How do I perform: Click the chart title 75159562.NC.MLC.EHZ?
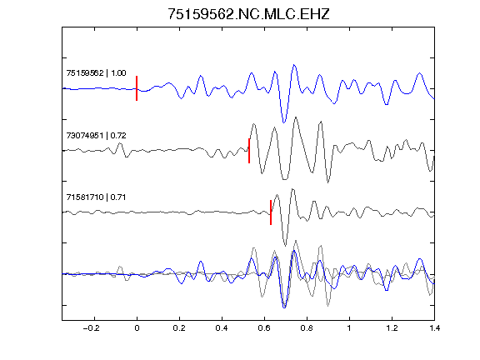(x=248, y=14)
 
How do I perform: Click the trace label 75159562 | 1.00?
(x=96, y=72)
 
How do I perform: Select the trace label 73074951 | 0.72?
(x=96, y=135)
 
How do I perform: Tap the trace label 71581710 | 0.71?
(x=96, y=197)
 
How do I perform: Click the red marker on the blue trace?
(x=137, y=88)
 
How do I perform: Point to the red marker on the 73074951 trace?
(x=249, y=151)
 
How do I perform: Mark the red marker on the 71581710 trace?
(x=271, y=212)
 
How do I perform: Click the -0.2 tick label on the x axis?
(x=92, y=328)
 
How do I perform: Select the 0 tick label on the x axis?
(x=137, y=328)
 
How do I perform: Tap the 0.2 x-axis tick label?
(x=179, y=328)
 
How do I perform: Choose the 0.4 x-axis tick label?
(x=222, y=328)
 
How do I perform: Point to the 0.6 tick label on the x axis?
(x=264, y=328)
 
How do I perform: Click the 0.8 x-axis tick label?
(x=307, y=328)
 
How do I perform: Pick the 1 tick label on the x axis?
(x=349, y=328)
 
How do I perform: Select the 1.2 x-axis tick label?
(x=392, y=328)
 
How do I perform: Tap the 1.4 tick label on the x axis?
(x=434, y=328)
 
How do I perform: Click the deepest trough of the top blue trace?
(x=284, y=122)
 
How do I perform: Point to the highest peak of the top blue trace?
(x=294, y=65)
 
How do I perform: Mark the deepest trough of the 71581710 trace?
(x=285, y=246)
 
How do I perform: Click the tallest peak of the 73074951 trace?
(x=296, y=117)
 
